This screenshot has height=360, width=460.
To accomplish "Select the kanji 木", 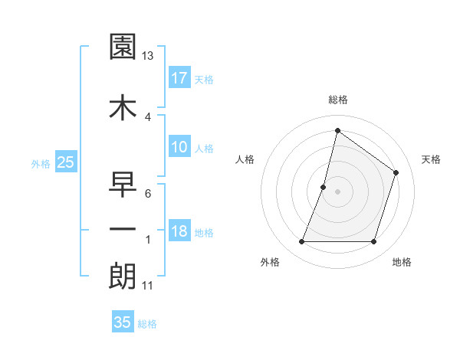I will [123, 106].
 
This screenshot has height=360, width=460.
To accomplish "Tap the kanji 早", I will [123, 184].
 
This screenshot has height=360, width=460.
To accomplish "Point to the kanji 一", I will [123, 228].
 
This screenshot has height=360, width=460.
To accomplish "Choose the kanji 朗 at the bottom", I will [123, 275].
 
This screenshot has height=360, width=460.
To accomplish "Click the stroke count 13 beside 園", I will [148, 56].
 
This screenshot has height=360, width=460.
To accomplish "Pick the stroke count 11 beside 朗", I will [147, 286].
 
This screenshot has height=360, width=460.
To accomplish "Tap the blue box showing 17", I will [179, 77].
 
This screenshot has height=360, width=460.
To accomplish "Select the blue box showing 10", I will [179, 147].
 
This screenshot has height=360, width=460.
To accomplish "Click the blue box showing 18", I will [179, 231].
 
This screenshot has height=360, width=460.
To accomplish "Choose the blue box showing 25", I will [66, 162].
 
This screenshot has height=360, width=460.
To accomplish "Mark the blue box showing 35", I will [123, 322].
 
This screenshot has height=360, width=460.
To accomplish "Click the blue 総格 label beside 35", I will [147, 324].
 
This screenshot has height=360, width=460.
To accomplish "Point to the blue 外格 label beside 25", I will [41, 163].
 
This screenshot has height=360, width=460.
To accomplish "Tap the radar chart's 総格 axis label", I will [338, 100].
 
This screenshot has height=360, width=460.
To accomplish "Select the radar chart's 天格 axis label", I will [432, 159].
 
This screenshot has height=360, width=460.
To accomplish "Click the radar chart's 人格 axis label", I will [245, 159].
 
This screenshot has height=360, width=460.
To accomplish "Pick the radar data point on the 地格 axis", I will [373, 242].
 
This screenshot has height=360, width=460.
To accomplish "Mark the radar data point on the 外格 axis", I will [302, 242].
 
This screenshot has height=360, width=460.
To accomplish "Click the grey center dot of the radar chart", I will [337, 191].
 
